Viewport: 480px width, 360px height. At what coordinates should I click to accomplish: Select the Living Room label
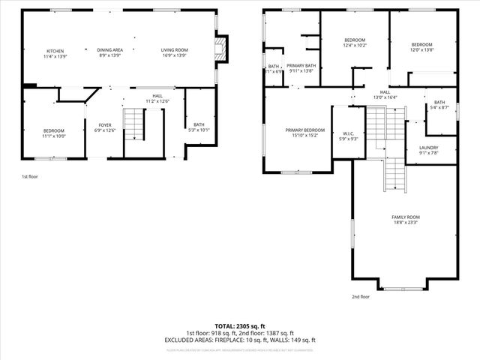[x=174, y=52]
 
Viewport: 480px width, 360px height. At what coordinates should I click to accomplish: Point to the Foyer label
[x=104, y=128]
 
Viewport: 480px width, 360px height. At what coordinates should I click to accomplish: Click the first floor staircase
[x=133, y=124]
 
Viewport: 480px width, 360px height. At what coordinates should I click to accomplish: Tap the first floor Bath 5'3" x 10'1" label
[x=199, y=128]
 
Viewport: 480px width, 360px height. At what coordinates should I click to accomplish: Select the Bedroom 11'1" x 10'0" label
[x=53, y=133]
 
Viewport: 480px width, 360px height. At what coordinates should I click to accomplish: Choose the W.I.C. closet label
[x=347, y=136]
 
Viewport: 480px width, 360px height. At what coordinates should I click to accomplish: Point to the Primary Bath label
[x=301, y=68]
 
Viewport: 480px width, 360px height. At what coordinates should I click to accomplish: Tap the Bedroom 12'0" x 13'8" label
[x=422, y=43]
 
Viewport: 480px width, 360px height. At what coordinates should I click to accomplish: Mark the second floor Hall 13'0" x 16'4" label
[x=384, y=94]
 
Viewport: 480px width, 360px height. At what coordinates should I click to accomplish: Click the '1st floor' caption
[x=29, y=176]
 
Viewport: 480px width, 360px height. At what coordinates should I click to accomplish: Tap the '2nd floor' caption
[x=361, y=296]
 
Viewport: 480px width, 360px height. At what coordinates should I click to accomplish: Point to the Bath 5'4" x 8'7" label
[x=439, y=105]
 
